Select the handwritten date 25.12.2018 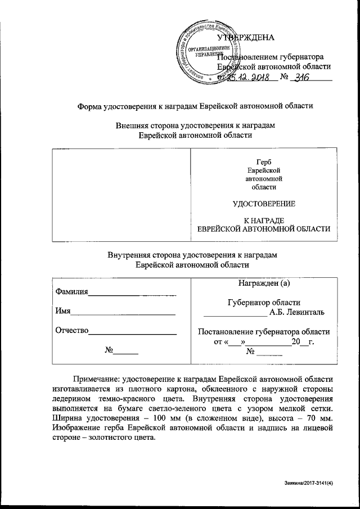(250, 79)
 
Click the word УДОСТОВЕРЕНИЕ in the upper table (264, 203)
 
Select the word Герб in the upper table (264, 162)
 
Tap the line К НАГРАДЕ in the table (264, 220)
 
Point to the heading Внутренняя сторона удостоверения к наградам (192, 255)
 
